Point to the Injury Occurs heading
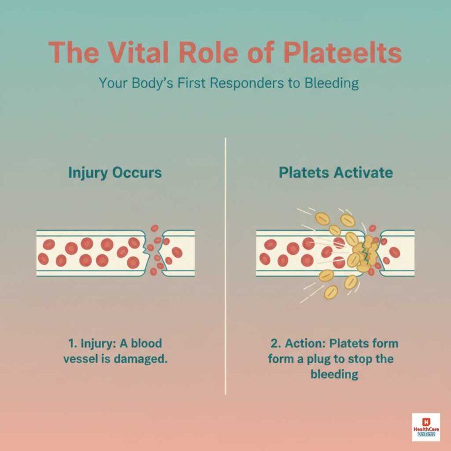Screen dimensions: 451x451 click(115, 173)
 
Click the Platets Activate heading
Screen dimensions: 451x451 click(336, 173)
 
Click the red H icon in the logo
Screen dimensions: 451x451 click(426, 419)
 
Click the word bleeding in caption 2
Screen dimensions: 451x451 click(335, 374)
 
